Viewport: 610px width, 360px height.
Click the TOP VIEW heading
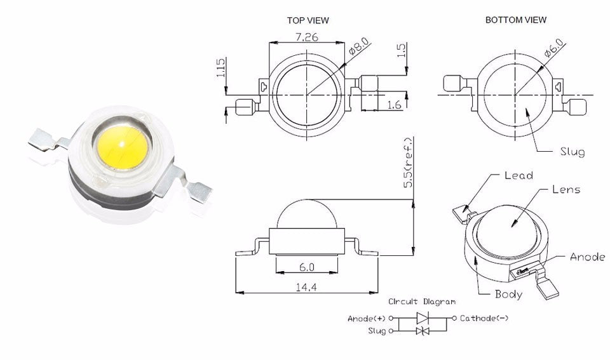pos(308,20)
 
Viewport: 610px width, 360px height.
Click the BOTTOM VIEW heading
pos(515,20)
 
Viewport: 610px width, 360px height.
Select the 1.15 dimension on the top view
pos(220,68)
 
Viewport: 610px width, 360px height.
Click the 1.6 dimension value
pos(394,104)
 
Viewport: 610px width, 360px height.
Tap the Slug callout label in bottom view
pos(572,152)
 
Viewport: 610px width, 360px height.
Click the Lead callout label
pos(518,175)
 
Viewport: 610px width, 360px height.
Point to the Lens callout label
pos(566,189)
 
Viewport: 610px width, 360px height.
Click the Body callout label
pos(508,294)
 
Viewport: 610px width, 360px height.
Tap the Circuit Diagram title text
pos(421,302)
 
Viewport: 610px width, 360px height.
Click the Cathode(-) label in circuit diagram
pos(484,318)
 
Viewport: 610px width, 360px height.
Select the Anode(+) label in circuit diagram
pos(367,318)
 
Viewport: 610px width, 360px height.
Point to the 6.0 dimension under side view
pos(306,267)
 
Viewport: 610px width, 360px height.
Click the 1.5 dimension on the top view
pos(401,50)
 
